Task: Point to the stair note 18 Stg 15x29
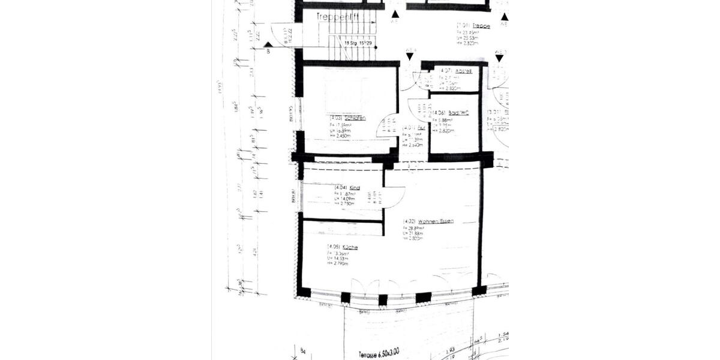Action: click(360, 43)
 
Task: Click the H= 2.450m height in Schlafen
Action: click(340, 136)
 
